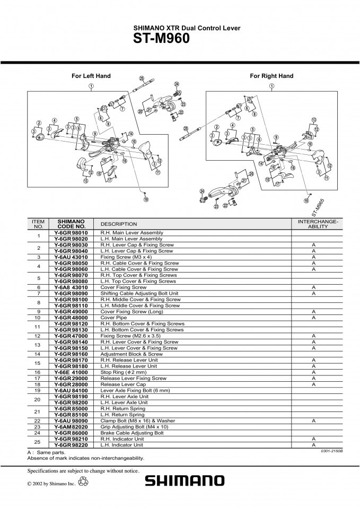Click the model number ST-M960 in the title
pos(161,38)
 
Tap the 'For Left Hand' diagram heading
pos(91,76)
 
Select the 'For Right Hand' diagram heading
pos(271,76)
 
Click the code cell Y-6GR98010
pos(71,233)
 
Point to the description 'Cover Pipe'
pos(113,318)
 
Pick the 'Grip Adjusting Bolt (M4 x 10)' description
pos(134,427)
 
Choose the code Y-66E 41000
pos(71,372)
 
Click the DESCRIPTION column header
pos(119,224)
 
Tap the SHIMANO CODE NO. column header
pos(72,224)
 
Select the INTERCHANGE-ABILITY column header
pos(318,224)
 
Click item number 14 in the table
pos(39,354)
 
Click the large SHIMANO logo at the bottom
pos(185,481)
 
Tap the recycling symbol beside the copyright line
pos(83,481)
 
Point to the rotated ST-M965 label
pos(318,208)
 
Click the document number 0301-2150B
pos(332,451)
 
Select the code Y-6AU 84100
pos(71,391)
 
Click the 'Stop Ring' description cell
pos(124,372)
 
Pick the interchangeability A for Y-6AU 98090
pos(313,420)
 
